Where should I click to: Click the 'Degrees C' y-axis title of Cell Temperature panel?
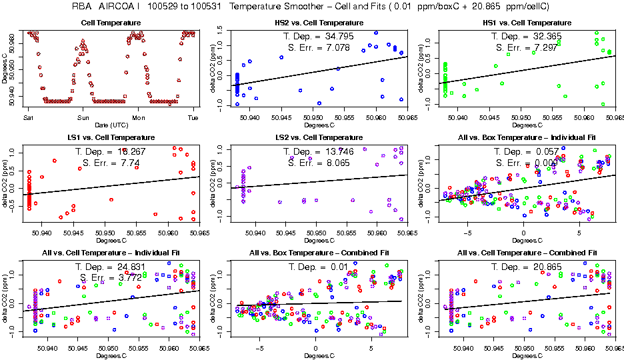tap(5, 67)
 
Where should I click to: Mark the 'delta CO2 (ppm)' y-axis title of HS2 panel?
tap(213, 67)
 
